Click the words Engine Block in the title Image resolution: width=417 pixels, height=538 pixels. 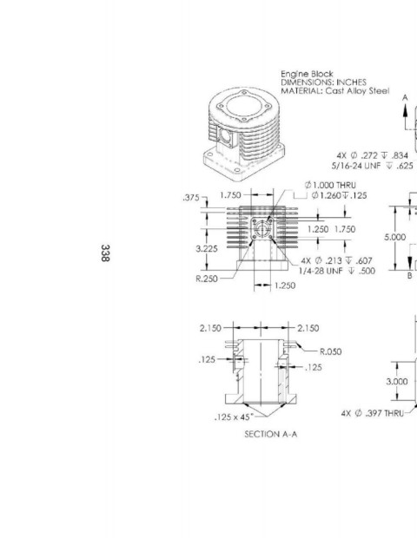point(307,74)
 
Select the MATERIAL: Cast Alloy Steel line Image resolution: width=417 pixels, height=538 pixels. point(335,91)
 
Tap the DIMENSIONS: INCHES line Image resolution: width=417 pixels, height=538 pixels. point(323,82)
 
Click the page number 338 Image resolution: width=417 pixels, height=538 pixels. point(105,253)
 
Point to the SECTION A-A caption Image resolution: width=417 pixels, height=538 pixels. point(271,434)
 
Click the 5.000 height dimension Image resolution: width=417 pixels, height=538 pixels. point(394,237)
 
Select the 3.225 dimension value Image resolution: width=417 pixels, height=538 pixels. point(207,249)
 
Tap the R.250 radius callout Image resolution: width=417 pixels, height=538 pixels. point(207,279)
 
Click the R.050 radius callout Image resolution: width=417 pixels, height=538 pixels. point(330,351)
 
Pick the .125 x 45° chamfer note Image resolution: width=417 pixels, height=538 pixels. point(234,417)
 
